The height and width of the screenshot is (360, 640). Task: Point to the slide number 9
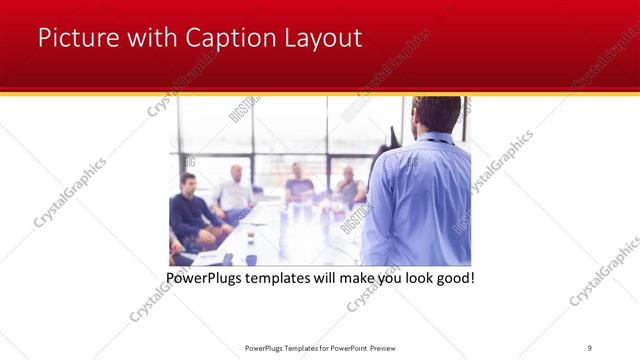pyautogui.click(x=590, y=346)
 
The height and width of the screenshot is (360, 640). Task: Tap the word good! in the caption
pyautogui.click(x=453, y=277)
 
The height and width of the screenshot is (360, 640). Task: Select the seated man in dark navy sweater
pyautogui.click(x=190, y=210)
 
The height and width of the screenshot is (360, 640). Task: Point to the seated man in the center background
pyautogui.click(x=298, y=183)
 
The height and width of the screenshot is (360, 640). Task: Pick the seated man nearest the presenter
pyautogui.click(x=348, y=187)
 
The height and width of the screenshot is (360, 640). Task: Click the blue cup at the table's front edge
pyautogui.click(x=251, y=259)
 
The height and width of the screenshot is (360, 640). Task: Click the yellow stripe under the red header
pyautogui.click(x=320, y=92)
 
